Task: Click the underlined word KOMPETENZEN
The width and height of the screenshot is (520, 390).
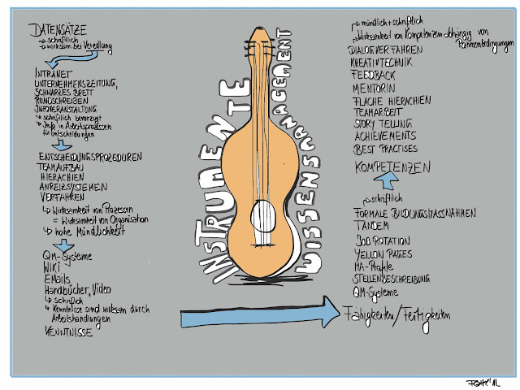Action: pyautogui.click(x=392, y=167)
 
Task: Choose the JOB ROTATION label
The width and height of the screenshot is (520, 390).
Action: pyautogui.click(x=384, y=241)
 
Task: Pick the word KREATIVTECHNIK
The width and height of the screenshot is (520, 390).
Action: pyautogui.click(x=384, y=61)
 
